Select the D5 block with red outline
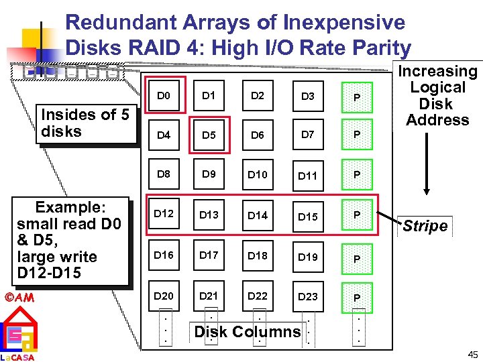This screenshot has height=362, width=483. point(209,135)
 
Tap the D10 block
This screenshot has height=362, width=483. point(258,175)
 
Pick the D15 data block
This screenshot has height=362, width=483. point(308,216)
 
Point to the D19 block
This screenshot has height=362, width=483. point(308,256)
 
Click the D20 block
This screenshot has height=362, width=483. point(164,296)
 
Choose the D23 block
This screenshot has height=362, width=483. point(308,296)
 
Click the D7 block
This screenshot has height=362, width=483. point(308,134)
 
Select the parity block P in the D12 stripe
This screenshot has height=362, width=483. point(358,215)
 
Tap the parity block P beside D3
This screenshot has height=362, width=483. point(358,98)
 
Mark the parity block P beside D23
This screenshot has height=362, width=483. point(358,297)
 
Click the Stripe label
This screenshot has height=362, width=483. point(425,226)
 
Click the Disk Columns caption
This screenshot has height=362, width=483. point(248,331)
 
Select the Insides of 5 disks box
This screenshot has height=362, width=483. point(85,123)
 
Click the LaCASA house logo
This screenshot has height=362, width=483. point(18,335)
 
